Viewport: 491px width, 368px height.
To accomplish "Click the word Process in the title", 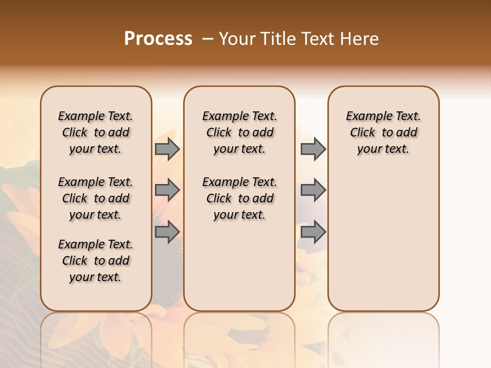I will (158, 39).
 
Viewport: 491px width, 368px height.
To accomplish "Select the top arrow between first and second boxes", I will (167, 149).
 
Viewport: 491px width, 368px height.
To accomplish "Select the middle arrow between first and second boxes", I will (167, 191).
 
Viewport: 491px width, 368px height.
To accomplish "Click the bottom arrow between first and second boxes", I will (167, 232).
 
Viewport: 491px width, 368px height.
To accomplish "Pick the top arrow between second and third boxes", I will (313, 149).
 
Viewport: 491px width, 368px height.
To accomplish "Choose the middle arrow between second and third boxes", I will (313, 191).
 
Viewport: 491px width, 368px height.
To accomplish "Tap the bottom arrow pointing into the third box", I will (313, 232).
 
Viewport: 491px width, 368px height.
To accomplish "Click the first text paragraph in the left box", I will (96, 132).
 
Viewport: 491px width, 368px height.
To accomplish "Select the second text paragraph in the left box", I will (96, 198).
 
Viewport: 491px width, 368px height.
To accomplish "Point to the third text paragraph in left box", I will (96, 261).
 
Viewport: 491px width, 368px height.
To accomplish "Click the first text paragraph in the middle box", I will (239, 132).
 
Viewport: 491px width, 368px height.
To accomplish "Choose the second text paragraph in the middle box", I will (239, 198).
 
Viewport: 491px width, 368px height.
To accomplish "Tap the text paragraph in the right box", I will (383, 132).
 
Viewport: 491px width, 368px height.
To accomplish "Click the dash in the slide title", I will (208, 39).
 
